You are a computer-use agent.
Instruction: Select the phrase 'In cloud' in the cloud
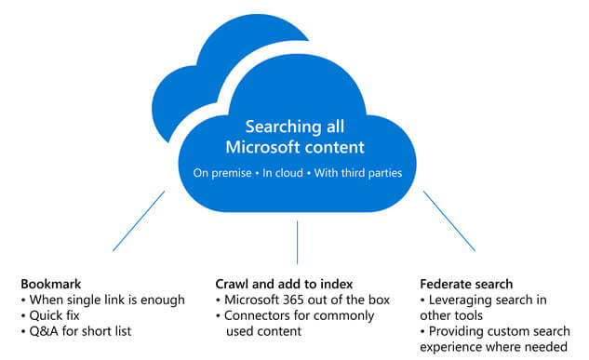coord(283,173)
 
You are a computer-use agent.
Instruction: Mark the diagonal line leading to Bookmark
coord(139,220)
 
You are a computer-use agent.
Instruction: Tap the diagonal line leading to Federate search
coord(449,220)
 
